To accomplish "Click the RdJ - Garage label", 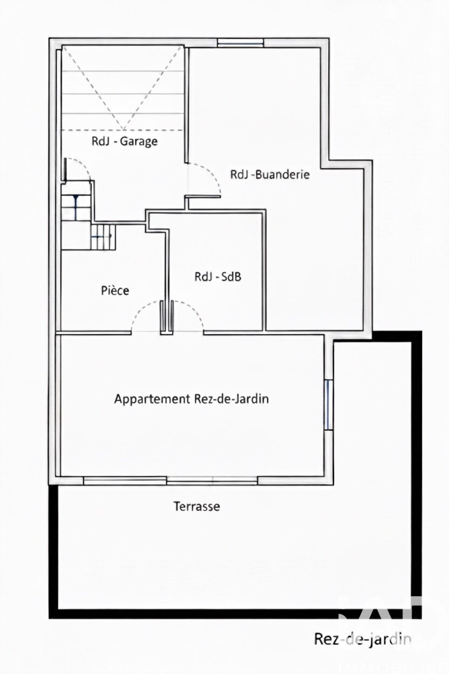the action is [x=125, y=141].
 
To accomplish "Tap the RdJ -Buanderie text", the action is [x=270, y=174].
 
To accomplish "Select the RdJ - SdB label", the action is [x=218, y=277].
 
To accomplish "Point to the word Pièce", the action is [x=115, y=291].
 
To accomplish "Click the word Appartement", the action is [x=152, y=399].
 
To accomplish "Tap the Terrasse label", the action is [x=197, y=507].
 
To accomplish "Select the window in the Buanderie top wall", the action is [x=240, y=43].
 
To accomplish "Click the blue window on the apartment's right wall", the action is [x=329, y=405].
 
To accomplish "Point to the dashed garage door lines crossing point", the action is [x=123, y=130].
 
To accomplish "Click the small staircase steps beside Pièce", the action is [x=103, y=237].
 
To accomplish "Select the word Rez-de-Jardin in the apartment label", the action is [x=232, y=399].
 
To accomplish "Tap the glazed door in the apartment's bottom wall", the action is [x=212, y=481].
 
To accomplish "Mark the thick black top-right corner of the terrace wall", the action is [x=417, y=336].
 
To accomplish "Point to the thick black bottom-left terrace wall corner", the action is [x=53, y=614].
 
